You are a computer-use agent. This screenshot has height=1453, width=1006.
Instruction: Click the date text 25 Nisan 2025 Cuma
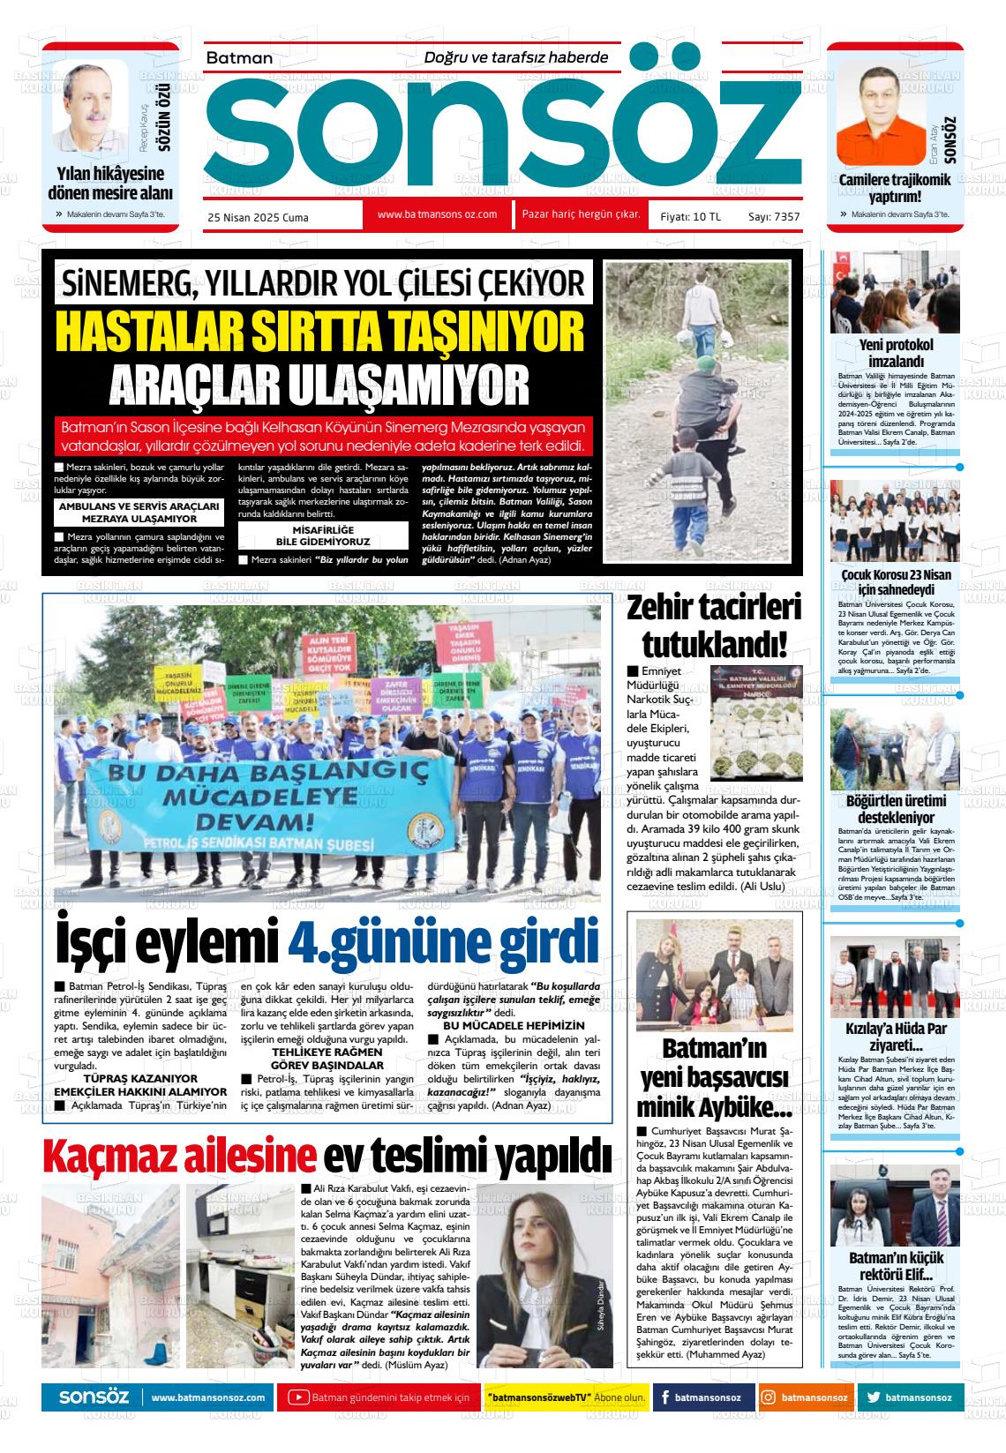258,217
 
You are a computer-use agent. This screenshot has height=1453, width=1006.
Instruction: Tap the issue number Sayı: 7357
774,216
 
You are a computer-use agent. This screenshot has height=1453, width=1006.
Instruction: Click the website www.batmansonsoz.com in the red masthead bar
437,214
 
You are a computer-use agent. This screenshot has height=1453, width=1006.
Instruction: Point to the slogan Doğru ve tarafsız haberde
516,57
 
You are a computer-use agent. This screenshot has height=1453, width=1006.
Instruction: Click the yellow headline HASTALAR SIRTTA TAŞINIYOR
319,332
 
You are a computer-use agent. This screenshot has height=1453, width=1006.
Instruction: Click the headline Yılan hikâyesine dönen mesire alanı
110,183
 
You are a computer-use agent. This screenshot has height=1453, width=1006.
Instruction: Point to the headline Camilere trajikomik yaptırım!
895,188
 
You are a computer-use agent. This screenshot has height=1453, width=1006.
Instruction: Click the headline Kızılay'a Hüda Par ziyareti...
895,1037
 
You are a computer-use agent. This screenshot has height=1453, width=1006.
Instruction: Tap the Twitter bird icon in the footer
874,1397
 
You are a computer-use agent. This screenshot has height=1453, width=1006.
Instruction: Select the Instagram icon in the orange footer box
769,1397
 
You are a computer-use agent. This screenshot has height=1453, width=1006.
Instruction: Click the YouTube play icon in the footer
299,1397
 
